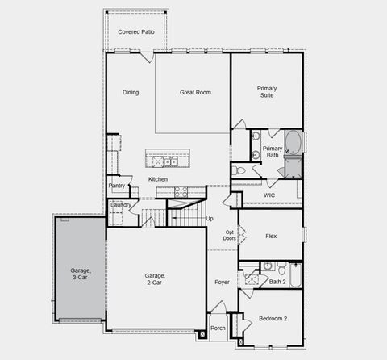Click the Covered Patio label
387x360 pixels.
tap(136, 31)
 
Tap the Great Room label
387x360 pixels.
tap(195, 93)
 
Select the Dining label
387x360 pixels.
tap(131, 93)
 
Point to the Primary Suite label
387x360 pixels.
tap(267, 92)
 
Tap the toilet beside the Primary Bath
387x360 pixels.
tap(239, 171)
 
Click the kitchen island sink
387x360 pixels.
tap(170, 162)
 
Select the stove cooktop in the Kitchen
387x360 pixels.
tap(181, 192)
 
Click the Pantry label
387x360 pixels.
tap(117, 186)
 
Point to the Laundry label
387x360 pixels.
tap(120, 205)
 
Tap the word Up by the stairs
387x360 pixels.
tap(210, 219)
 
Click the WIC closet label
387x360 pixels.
tap(269, 195)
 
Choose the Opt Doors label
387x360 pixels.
tap(230, 236)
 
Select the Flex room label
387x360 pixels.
tap(271, 237)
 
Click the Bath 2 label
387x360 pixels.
tap(277, 282)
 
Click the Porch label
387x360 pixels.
tap(218, 329)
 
